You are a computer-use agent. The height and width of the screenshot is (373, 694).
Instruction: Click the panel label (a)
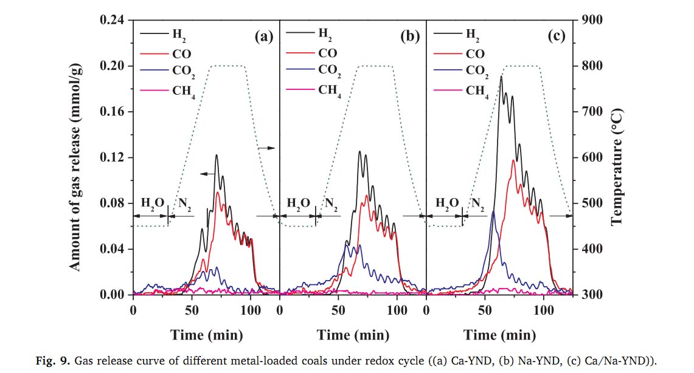pos(263,37)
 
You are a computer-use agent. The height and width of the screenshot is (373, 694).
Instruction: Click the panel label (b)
pos(410,37)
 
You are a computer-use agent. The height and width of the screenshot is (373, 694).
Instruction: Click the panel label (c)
pos(557,37)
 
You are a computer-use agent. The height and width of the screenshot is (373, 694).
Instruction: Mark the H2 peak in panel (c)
pos(501,77)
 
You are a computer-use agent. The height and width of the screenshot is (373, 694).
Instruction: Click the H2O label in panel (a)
pos(149,203)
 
